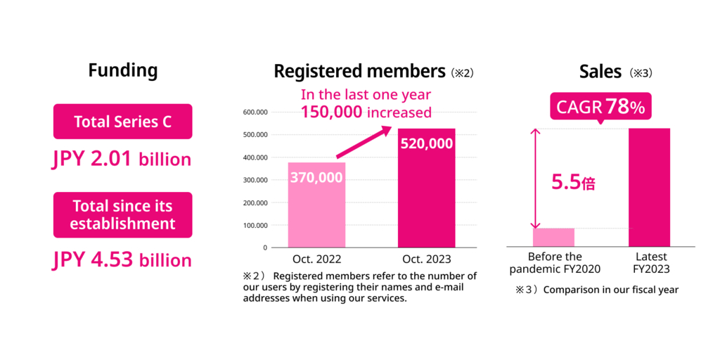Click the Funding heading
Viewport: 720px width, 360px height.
[123, 70]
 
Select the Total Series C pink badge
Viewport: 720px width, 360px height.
[123, 122]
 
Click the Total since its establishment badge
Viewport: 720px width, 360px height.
[123, 215]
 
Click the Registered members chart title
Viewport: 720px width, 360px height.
[359, 72]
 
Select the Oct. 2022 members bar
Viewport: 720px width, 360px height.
[316, 207]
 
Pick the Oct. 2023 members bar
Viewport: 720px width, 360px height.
[426, 190]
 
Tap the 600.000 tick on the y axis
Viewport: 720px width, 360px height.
[255, 112]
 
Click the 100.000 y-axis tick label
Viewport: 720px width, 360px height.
[255, 225]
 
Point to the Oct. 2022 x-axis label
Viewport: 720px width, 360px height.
[316, 259]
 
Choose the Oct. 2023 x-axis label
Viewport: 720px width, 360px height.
[426, 259]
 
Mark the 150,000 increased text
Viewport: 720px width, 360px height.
[366, 111]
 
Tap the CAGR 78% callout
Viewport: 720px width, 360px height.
[600, 108]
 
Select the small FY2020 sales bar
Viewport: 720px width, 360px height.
[554, 237]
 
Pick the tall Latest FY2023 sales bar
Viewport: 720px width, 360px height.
[649, 187]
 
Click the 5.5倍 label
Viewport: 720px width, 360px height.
[574, 182]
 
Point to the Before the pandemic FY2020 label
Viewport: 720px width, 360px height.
[555, 262]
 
